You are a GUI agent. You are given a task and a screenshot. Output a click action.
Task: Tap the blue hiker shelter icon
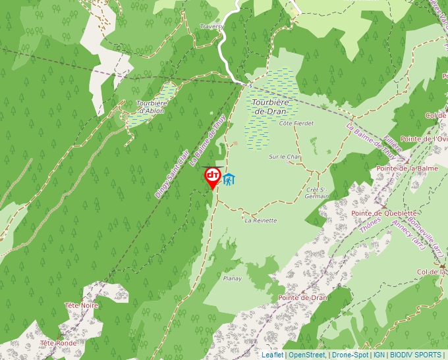229,179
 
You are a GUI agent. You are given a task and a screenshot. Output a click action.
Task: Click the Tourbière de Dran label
271,107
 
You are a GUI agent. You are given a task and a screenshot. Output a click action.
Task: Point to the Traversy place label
211,26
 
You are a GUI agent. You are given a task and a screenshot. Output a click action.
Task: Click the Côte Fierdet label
296,123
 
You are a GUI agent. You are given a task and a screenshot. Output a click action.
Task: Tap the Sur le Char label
285,157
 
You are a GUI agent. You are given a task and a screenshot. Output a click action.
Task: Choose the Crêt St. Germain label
317,192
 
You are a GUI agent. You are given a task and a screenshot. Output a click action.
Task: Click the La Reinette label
261,220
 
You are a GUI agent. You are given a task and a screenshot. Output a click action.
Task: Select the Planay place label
232,278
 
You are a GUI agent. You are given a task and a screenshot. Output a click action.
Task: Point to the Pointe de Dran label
302,297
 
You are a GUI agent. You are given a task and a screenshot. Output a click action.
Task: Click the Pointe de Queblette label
384,213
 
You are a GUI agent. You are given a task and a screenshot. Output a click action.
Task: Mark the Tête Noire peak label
81,305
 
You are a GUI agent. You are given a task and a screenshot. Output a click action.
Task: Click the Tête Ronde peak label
58,343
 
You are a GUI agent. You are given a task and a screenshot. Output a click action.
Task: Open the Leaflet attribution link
272,355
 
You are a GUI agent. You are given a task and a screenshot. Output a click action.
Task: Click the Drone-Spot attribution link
350,355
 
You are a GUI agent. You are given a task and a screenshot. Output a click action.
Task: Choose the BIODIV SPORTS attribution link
416,355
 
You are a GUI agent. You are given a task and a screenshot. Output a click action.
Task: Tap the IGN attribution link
379,355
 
